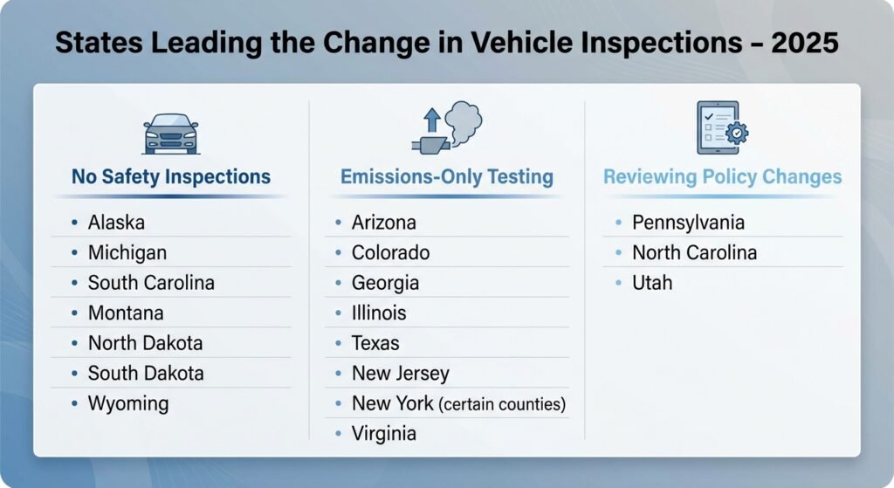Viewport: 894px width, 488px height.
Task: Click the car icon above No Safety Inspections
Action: pyautogui.click(x=170, y=133)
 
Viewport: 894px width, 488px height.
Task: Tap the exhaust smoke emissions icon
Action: pyautogui.click(x=446, y=128)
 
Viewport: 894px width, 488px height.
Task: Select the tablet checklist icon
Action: pyautogui.click(x=721, y=127)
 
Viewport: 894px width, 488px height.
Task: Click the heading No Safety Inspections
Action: pyautogui.click(x=171, y=177)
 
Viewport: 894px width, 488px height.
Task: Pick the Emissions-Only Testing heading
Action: pyautogui.click(x=446, y=177)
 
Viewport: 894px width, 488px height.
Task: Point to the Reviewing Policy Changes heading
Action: pyautogui.click(x=722, y=177)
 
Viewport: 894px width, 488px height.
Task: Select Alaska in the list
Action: pyautogui.click(x=116, y=223)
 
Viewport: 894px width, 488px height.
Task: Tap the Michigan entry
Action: pyautogui.click(x=127, y=253)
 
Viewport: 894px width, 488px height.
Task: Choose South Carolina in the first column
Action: pyautogui.click(x=151, y=283)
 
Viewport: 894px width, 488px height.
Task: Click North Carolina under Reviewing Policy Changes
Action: pyautogui.click(x=694, y=253)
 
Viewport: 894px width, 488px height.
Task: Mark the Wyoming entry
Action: pyautogui.click(x=128, y=403)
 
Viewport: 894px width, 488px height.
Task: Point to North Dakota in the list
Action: pyautogui.click(x=145, y=343)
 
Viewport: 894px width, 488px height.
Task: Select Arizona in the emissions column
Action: pyautogui.click(x=384, y=223)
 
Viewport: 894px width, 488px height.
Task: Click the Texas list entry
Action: pyautogui.click(x=375, y=343)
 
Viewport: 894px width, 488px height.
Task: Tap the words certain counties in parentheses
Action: pyautogui.click(x=502, y=404)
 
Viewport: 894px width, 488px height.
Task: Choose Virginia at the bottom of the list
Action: pyautogui.click(x=384, y=433)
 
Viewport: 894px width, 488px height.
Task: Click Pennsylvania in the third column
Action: pyautogui.click(x=688, y=223)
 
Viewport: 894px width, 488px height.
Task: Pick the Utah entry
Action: pyautogui.click(x=652, y=283)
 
